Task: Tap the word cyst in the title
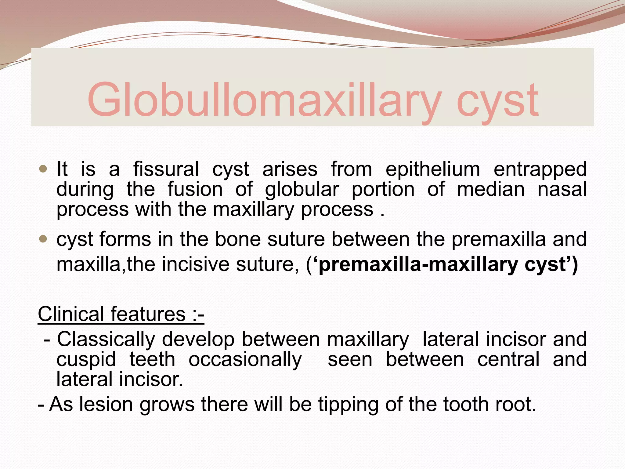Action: pos(497,101)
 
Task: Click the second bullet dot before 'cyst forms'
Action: pos(43,239)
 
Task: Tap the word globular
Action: pos(302,189)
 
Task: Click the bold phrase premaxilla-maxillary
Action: pos(418,264)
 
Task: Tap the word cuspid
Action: pos(86,359)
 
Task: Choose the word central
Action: pos(508,359)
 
